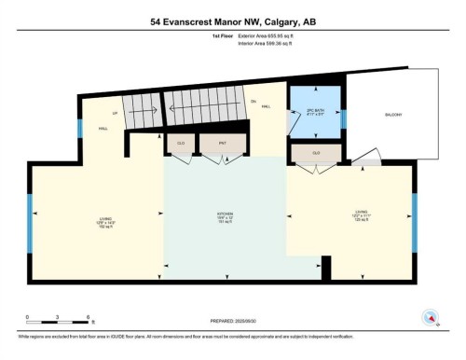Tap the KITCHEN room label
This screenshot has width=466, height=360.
225,217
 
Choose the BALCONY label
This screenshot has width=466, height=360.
393,115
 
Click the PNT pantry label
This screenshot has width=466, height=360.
223,144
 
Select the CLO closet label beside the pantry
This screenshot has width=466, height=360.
181,144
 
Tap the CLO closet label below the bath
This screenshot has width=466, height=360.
316,153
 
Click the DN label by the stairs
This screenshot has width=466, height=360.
253,101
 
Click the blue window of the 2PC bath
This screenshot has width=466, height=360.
343,118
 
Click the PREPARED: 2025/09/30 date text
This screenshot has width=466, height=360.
233,322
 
